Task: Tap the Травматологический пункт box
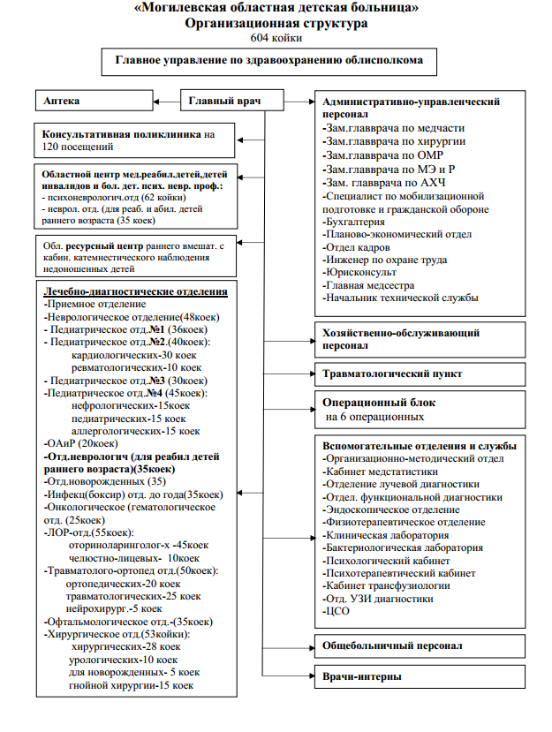[x=392, y=374]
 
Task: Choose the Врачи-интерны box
[x=363, y=677]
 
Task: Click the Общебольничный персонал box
[x=392, y=645]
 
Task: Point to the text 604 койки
[x=276, y=39]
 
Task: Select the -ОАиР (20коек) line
[x=80, y=443]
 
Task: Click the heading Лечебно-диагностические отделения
[x=137, y=291]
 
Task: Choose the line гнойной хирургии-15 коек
[x=130, y=684]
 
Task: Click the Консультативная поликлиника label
[x=123, y=135]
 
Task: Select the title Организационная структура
[x=276, y=24]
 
